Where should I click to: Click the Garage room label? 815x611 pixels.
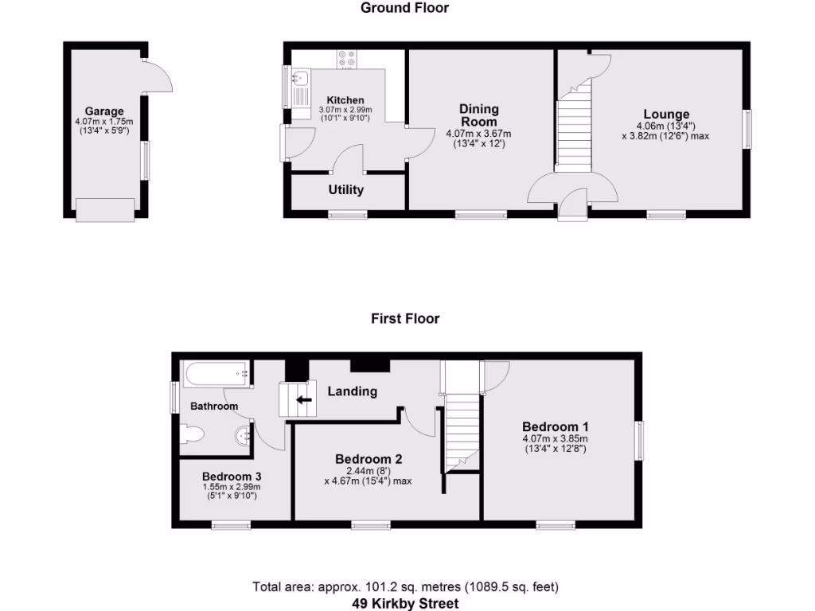[104, 111]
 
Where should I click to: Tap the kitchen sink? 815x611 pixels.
[300, 78]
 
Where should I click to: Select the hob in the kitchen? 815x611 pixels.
[347, 58]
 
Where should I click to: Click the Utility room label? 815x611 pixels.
[346, 190]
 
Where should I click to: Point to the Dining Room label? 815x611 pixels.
[478, 115]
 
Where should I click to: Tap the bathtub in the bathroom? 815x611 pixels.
[217, 372]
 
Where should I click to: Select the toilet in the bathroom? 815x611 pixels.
[193, 434]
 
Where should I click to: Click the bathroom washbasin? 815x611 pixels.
[244, 435]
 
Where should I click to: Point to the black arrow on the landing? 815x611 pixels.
[303, 399]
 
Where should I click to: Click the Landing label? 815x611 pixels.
[353, 391]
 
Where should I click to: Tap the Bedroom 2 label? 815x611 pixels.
[369, 459]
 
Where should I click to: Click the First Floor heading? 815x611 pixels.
[405, 318]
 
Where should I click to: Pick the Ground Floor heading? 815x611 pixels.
[404, 8]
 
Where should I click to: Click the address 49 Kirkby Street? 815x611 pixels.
[406, 604]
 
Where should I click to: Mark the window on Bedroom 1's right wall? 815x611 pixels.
[639, 440]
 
